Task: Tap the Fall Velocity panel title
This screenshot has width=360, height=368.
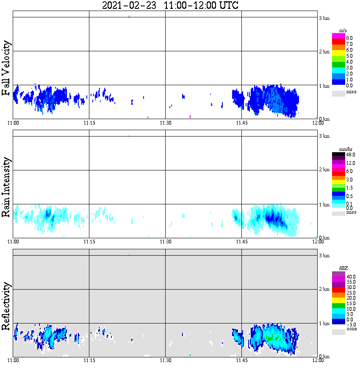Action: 6,68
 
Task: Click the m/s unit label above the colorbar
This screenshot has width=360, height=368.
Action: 343,31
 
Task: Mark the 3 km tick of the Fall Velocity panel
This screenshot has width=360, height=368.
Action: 324,18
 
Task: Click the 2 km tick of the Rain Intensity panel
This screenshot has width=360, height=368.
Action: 324,170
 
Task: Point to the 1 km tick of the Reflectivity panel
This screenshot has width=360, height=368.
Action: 324,324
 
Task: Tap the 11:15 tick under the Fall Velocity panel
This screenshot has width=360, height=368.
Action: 89,123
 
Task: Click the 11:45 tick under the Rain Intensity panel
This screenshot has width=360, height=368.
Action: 241,242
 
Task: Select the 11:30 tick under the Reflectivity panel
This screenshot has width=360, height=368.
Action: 165,360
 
